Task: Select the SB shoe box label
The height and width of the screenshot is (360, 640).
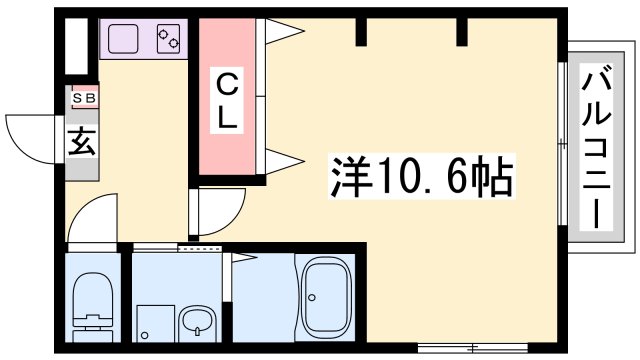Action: (x=82, y=98)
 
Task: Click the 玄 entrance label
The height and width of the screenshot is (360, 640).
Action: (x=82, y=141)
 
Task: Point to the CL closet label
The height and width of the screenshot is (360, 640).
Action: (x=228, y=100)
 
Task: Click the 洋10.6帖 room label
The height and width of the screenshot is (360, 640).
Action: (x=421, y=179)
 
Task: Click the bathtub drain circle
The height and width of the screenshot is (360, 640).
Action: (x=313, y=297)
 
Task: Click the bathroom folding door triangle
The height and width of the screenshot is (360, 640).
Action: (x=244, y=257)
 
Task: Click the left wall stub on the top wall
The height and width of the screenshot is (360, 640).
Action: (x=362, y=32)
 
